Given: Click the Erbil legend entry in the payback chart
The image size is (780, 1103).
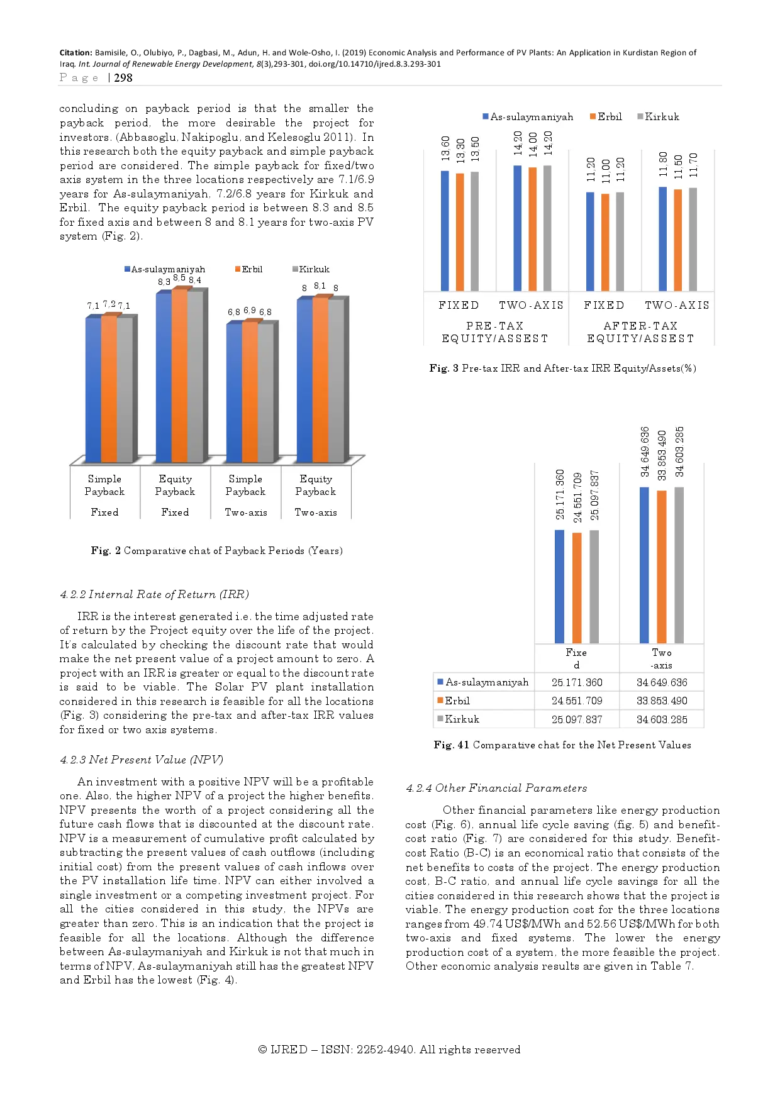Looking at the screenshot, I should [249, 269].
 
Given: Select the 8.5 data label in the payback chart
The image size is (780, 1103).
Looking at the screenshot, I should [179, 278].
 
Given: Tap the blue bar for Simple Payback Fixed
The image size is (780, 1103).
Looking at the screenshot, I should [93, 390].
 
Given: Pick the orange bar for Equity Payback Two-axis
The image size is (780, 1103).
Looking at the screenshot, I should [320, 380].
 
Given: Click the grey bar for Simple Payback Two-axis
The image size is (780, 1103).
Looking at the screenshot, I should [265, 392].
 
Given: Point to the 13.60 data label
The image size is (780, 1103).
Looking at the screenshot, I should [445, 148].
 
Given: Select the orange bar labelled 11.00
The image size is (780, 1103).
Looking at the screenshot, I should [605, 242].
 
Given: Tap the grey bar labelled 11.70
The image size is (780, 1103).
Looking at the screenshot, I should [693, 239].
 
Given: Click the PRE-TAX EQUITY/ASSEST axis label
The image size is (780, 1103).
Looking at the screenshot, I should [495, 332].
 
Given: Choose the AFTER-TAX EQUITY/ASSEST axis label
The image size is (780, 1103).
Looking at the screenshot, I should [640, 332].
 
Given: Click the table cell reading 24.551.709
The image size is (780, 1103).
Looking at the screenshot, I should [577, 701].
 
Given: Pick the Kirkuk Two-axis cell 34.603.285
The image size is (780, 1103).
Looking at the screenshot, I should [662, 719].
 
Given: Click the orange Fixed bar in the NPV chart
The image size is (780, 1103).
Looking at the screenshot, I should [577, 587].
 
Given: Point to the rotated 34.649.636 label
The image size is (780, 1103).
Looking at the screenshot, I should [645, 452].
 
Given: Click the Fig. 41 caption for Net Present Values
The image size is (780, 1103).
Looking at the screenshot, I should [562, 745].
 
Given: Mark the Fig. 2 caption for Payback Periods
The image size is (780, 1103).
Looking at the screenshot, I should [216, 551].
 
